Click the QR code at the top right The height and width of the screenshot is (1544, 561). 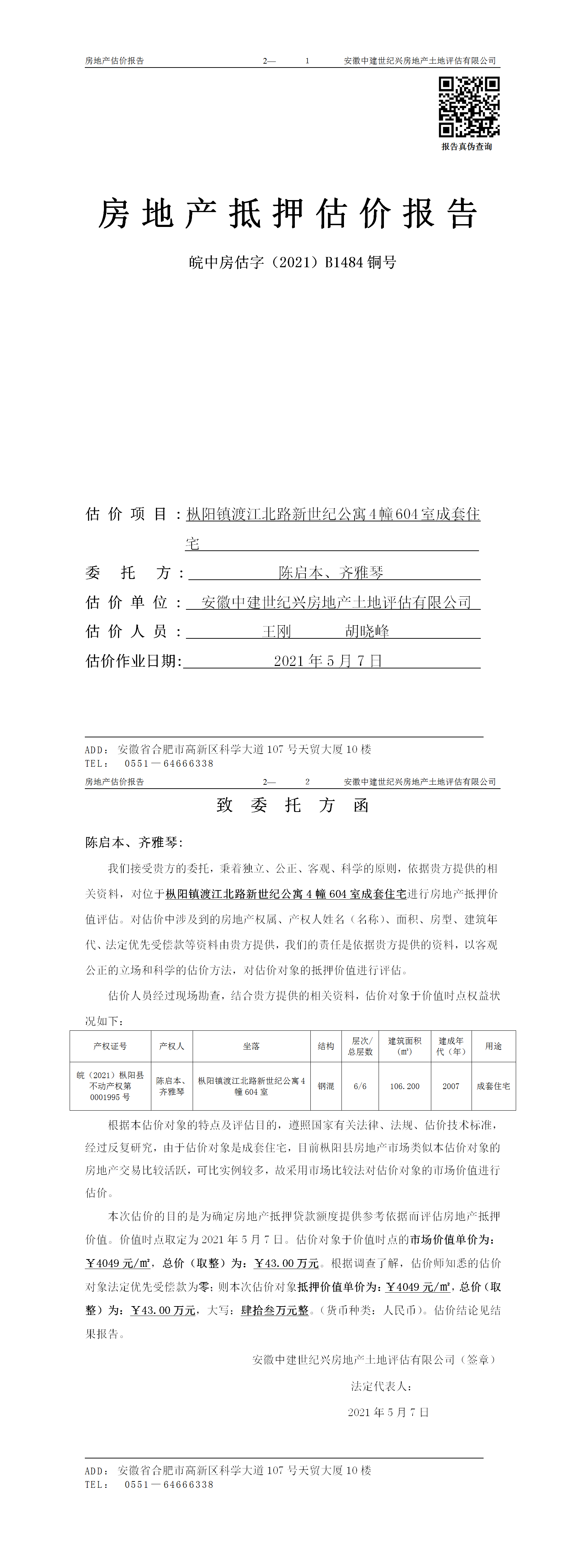(x=469, y=107)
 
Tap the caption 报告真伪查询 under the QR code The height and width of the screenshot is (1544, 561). (x=467, y=147)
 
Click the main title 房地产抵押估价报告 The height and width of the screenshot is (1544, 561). (x=288, y=214)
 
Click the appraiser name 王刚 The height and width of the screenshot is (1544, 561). (x=276, y=631)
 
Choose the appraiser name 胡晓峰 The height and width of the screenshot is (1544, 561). (x=367, y=631)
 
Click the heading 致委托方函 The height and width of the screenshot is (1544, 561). (x=292, y=805)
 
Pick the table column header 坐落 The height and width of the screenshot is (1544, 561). (x=251, y=1046)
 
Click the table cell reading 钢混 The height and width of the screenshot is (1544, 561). (x=326, y=1086)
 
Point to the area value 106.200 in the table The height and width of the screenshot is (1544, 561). (x=404, y=1086)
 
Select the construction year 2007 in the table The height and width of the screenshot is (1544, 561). (x=451, y=1086)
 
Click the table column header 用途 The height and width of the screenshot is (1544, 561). (x=493, y=1046)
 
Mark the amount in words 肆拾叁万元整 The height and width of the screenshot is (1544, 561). (x=275, y=1311)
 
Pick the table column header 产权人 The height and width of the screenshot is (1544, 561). (x=171, y=1046)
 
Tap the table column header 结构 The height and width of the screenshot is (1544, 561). (x=326, y=1046)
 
